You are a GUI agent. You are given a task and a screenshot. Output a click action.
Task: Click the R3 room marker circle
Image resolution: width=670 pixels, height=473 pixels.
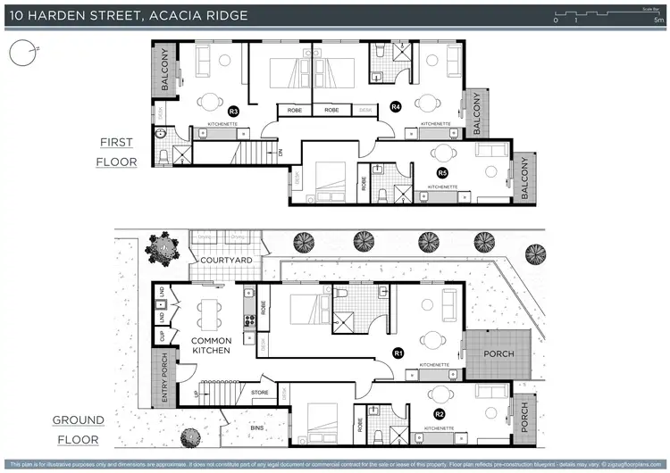(x=233, y=111)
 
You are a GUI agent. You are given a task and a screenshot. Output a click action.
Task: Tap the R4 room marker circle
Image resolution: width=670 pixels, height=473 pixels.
(x=396, y=107)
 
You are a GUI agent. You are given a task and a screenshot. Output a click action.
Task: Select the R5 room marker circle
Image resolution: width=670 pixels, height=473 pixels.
(x=441, y=172)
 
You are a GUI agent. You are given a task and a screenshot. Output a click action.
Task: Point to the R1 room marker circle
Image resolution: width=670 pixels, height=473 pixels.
(x=398, y=353)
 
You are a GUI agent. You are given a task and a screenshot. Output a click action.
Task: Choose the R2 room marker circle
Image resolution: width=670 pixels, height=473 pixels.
(x=439, y=414)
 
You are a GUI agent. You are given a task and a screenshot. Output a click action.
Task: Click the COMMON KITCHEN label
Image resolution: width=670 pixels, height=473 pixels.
(x=211, y=345)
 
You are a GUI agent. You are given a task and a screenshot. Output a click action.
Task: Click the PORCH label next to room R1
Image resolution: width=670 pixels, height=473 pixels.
(x=499, y=352)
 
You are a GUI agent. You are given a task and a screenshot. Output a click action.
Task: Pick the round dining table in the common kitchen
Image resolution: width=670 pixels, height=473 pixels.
(x=212, y=311)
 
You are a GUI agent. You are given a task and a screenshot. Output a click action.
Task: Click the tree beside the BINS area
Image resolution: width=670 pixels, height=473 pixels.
(x=189, y=438)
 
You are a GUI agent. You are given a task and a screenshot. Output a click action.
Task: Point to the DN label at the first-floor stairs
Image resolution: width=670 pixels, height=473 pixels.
(x=282, y=154)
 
